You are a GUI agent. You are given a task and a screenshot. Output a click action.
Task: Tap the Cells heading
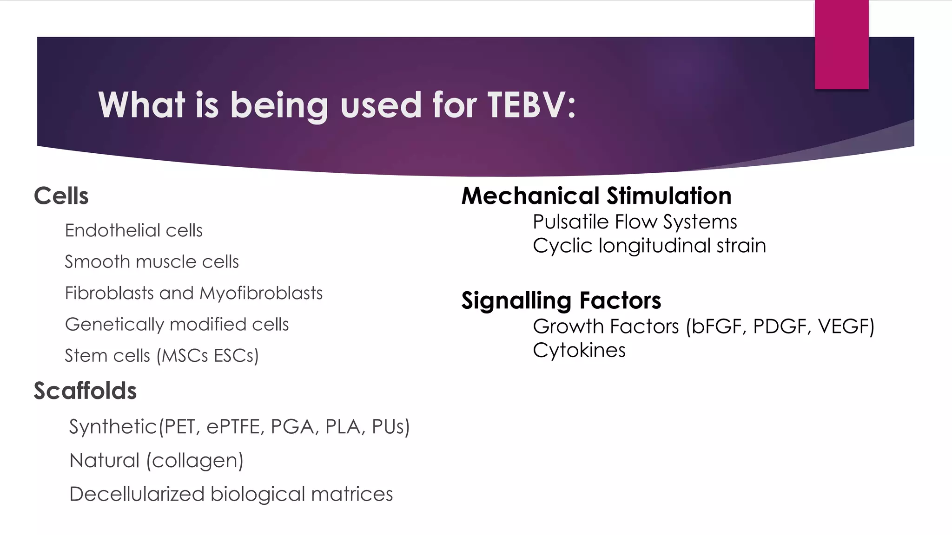tap(61, 196)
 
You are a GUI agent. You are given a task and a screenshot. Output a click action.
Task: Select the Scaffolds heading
tap(85, 391)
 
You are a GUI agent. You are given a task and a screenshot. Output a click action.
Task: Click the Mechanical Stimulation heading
tap(596, 196)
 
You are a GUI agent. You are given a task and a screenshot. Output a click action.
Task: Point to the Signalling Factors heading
tap(561, 300)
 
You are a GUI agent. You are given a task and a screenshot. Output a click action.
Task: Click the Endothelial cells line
tap(133, 230)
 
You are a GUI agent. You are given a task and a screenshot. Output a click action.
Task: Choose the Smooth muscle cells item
tap(152, 262)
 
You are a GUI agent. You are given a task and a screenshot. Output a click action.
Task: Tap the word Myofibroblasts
tap(261, 294)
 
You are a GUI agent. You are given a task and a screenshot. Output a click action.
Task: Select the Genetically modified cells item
tap(177, 325)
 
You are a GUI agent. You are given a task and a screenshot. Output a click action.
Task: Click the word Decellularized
tap(137, 494)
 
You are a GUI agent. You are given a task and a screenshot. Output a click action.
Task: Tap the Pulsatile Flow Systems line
tap(635, 222)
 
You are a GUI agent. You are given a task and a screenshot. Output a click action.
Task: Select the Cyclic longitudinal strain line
tap(649, 246)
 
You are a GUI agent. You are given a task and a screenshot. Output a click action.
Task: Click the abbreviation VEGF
tap(843, 326)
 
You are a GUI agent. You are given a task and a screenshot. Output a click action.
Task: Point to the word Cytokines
tap(579, 350)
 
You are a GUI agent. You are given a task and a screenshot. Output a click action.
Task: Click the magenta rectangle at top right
tap(841, 44)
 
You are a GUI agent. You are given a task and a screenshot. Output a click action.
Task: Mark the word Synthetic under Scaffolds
tap(113, 427)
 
